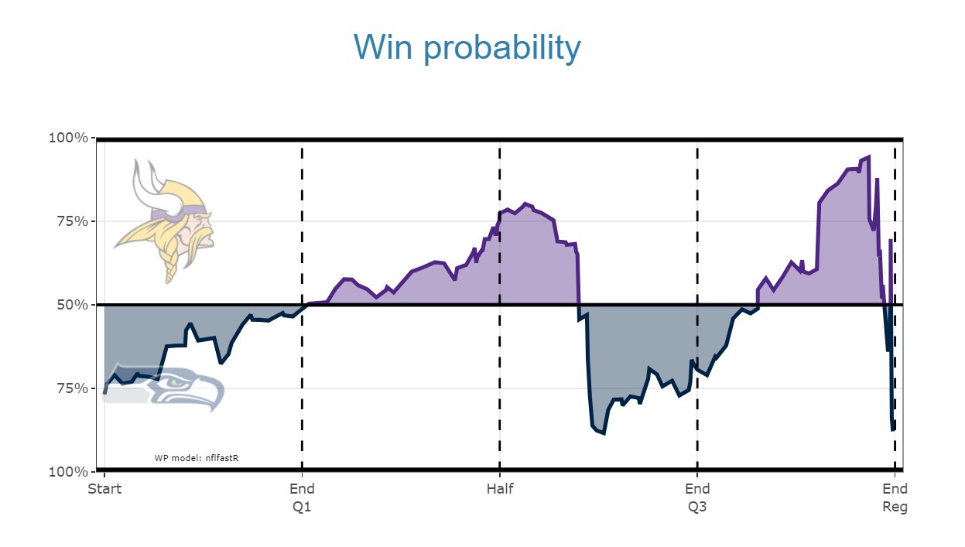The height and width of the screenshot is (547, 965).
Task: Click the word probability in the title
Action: click(502, 49)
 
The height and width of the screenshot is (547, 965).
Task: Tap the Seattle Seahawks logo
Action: click(164, 387)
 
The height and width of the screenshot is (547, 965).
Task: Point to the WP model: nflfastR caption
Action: click(197, 458)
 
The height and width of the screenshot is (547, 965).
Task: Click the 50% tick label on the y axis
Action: click(73, 305)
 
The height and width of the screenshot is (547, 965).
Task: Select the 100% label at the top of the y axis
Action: click(68, 138)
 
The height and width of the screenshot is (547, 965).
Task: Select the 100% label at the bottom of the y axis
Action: click(68, 472)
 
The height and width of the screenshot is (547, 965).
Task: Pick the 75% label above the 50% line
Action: click(73, 221)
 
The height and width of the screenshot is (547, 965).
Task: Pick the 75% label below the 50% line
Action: click(73, 388)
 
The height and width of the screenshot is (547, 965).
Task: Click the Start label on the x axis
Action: click(104, 489)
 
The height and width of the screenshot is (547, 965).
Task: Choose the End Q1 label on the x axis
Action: click(302, 497)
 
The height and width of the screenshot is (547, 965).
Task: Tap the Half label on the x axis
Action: click(500, 489)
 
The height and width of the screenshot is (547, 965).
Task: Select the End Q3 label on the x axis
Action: click(697, 497)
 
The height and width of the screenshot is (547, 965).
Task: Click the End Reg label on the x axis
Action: click(895, 497)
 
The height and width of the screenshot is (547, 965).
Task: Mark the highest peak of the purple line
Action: click(868, 156)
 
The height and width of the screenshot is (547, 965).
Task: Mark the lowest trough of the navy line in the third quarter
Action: click(604, 433)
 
